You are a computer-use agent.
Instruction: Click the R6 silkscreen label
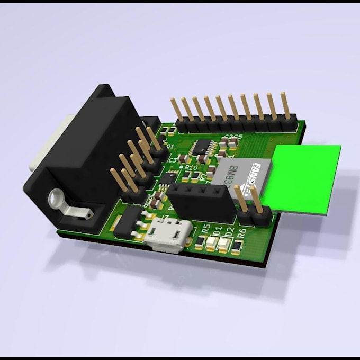pyautogui.click(x=242, y=233)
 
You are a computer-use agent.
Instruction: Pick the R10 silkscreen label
pyautogui.click(x=191, y=167)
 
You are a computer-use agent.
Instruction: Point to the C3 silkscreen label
pyautogui.click(x=173, y=159)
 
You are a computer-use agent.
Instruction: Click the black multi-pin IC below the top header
pyautogui.click(x=201, y=147)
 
